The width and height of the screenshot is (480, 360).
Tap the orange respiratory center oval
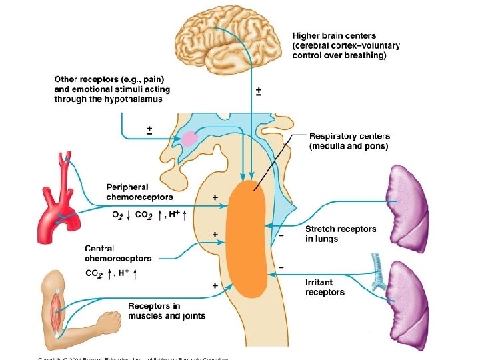click(x=248, y=239)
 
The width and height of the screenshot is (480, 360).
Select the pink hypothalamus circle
click(x=190, y=139)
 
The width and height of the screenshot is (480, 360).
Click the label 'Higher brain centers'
click(x=334, y=36)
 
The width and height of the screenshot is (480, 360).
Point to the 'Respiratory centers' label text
click(x=349, y=136)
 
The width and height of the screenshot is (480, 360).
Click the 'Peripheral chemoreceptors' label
click(x=139, y=192)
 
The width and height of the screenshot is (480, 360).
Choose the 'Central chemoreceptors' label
click(x=118, y=253)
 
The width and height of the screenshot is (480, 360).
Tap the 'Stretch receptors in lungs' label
click(x=341, y=233)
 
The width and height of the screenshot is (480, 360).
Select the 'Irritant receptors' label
click(x=325, y=287)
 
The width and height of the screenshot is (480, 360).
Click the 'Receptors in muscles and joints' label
click(x=166, y=311)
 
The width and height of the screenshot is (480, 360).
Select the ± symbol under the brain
click(x=258, y=91)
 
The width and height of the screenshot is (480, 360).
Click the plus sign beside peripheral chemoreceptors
click(x=215, y=197)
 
